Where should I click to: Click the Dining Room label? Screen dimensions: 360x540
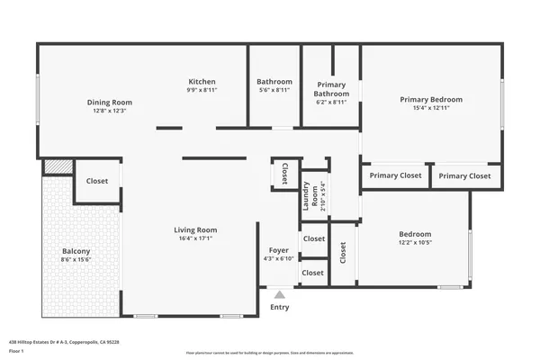point(109,102)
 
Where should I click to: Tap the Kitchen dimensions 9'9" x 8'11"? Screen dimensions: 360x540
point(202,90)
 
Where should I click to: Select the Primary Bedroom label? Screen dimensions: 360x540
point(431,99)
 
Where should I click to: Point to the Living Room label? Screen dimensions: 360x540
point(195,229)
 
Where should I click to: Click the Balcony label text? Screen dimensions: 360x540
point(76,251)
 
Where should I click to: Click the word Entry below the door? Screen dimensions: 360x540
point(280,308)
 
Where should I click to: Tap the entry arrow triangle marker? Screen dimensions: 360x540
point(280,293)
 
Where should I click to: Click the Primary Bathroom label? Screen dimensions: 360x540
point(331,89)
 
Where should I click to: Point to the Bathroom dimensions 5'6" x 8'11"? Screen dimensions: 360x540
point(274,90)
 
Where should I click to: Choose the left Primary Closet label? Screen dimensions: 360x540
point(395,176)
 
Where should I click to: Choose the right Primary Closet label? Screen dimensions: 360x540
point(465,176)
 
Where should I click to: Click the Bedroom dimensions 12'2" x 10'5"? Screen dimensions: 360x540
point(415,243)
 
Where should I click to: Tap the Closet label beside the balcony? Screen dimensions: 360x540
point(97,181)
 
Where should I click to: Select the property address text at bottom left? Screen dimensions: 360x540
point(64,342)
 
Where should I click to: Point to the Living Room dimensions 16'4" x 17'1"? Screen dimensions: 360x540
point(195,238)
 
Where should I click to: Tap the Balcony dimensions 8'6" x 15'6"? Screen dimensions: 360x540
point(76,259)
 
